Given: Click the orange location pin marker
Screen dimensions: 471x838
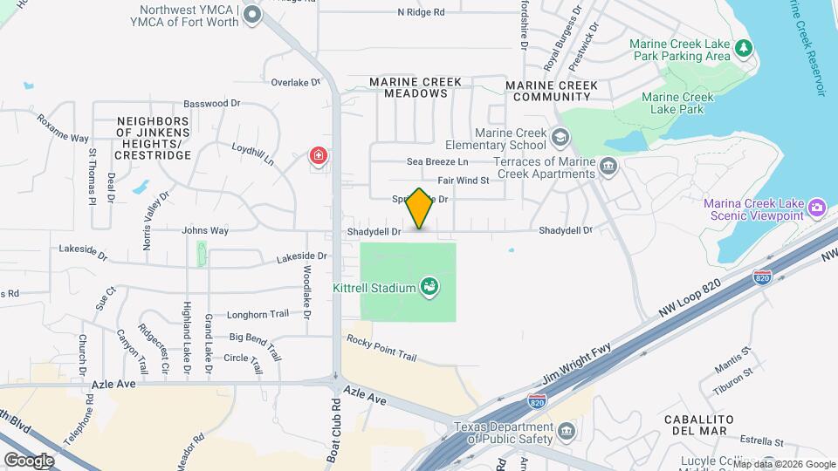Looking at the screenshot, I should (x=420, y=208).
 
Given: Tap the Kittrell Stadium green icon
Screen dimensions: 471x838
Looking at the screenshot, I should (x=429, y=286).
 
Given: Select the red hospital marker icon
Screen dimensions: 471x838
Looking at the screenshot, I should (x=319, y=157).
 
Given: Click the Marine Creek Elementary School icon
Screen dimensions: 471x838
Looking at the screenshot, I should (x=560, y=137).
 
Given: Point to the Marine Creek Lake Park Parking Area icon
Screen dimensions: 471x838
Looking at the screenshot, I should (x=745, y=48).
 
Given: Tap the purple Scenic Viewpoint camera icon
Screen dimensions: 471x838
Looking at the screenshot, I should (x=818, y=208).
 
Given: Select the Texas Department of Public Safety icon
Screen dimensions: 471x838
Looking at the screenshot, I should (x=567, y=432).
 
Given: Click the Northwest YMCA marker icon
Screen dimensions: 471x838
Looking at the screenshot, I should (x=252, y=15).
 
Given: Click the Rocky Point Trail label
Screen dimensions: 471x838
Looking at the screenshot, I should (x=381, y=348).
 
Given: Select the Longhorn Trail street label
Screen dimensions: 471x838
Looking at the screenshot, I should (x=258, y=315).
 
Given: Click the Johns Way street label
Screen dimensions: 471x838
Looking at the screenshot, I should (x=205, y=231).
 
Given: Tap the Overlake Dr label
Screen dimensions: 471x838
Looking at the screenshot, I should (x=296, y=82).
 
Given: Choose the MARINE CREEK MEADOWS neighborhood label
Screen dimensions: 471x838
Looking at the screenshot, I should (x=415, y=87).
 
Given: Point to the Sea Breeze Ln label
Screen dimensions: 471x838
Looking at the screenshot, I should (x=437, y=162).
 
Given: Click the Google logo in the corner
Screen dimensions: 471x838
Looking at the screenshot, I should (x=30, y=460).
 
